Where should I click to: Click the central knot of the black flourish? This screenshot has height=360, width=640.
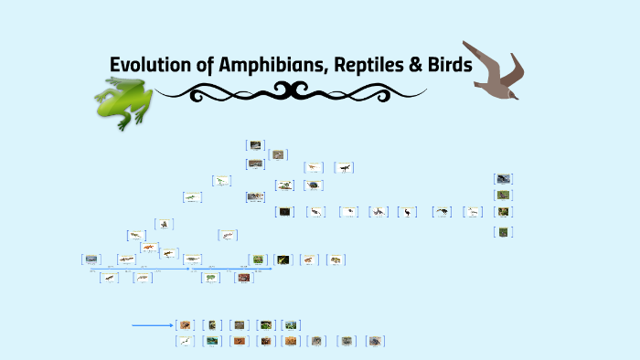(x=291, y=90)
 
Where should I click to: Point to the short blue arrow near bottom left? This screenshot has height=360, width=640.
(x=152, y=324)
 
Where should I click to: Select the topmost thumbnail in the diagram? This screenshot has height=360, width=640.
(x=255, y=144)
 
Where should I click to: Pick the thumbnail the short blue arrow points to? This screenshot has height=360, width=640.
(x=186, y=324)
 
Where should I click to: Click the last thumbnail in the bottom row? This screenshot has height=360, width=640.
(x=376, y=341)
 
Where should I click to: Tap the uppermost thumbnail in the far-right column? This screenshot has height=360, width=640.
(x=504, y=179)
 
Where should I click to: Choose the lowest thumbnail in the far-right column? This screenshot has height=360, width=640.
(x=504, y=232)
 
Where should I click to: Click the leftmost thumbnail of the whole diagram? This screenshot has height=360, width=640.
(x=91, y=259)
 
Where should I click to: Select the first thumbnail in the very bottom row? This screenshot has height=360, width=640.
(x=186, y=341)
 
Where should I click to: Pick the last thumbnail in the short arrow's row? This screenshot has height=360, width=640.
(x=292, y=324)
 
